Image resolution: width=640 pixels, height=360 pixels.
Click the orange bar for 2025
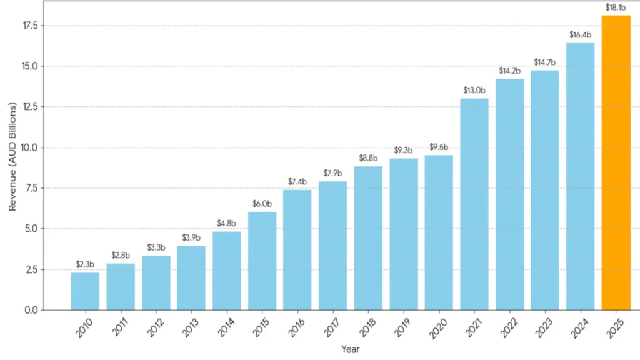[616, 162]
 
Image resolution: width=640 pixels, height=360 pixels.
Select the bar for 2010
[85, 291]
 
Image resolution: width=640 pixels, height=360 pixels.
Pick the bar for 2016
[297, 250]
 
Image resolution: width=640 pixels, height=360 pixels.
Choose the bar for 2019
[404, 234]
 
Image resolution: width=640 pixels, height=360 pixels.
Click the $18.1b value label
[616, 7]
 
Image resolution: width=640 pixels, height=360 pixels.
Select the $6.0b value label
[262, 204]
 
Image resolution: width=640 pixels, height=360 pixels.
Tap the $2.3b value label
[85, 264]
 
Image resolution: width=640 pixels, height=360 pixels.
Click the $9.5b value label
[439, 147]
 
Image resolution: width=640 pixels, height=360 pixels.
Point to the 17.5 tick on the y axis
[31, 26]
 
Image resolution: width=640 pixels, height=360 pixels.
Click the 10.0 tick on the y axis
[31, 147]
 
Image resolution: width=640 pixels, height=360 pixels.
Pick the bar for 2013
[191, 278]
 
